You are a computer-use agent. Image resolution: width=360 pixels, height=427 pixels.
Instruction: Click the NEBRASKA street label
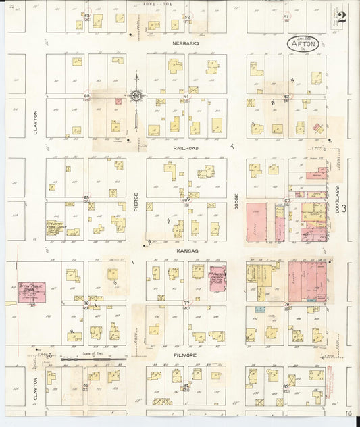[182, 43]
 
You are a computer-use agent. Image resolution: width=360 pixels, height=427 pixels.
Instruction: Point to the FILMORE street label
[186, 353]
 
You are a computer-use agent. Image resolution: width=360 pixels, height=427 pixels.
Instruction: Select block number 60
[86, 96]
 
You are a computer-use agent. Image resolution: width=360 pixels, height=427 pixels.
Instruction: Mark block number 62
[286, 97]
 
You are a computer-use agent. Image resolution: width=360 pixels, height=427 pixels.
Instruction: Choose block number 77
[186, 303]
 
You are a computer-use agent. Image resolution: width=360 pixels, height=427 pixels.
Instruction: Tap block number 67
[286, 201]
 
